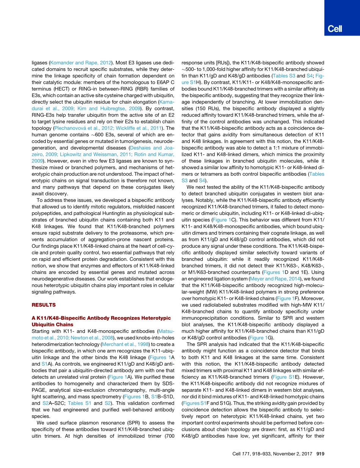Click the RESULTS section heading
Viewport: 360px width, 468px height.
(x=44, y=305)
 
